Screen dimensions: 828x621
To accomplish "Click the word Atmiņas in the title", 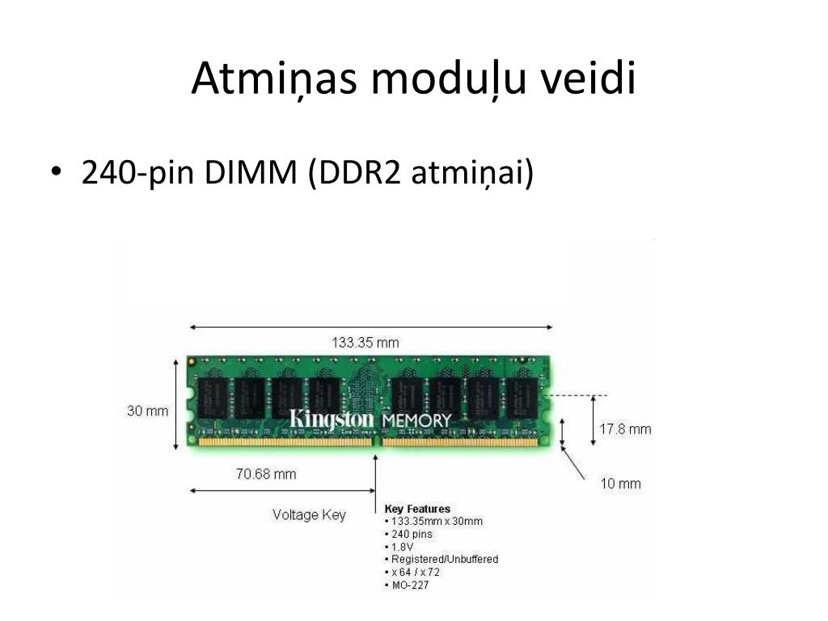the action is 274,78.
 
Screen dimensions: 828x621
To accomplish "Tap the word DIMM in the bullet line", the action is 251,172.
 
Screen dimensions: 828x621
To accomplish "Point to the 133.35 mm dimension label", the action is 365,343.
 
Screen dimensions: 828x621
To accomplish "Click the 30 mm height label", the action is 147,411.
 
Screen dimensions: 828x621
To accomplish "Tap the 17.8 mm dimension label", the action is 625,429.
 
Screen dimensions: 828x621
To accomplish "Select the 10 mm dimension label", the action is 620,484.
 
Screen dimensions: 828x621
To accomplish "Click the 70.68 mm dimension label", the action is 266,474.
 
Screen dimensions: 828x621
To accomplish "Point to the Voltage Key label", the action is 309,515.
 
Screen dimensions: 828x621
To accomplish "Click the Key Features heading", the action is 417,509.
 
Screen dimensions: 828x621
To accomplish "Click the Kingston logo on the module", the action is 331,420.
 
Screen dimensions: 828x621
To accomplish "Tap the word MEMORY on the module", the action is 416,420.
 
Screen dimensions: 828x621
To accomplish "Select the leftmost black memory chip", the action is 213,398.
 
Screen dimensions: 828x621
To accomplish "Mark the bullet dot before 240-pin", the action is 57,171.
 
